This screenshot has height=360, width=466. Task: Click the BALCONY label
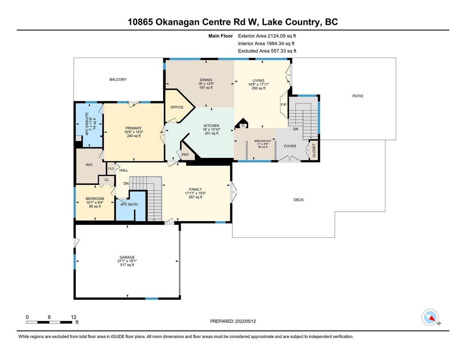(x=118, y=79)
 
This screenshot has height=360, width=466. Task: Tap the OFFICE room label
(x=177, y=107)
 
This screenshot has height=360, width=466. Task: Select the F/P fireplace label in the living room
(x=284, y=105)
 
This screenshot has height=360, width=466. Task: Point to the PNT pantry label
(x=185, y=154)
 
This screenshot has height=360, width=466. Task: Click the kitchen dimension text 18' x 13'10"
(x=212, y=130)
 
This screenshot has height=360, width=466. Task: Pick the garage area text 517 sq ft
(x=127, y=265)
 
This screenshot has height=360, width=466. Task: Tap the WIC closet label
(x=89, y=165)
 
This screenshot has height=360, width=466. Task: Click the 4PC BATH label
(x=129, y=204)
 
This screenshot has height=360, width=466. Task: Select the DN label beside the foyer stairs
(x=296, y=129)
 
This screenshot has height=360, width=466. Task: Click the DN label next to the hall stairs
(x=126, y=184)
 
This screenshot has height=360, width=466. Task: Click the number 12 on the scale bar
(x=74, y=317)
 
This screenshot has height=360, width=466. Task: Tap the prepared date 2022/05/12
(x=245, y=321)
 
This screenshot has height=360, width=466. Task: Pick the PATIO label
(x=358, y=96)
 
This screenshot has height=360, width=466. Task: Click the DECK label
(x=299, y=200)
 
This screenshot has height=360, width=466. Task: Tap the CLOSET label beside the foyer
(x=314, y=150)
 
